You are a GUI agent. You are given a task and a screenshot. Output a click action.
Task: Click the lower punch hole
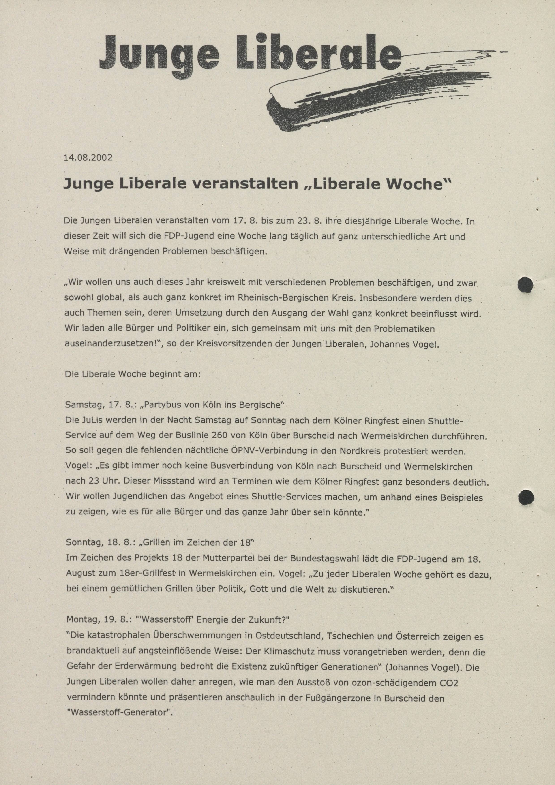526,497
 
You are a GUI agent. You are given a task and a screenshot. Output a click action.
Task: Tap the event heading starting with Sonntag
160,542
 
